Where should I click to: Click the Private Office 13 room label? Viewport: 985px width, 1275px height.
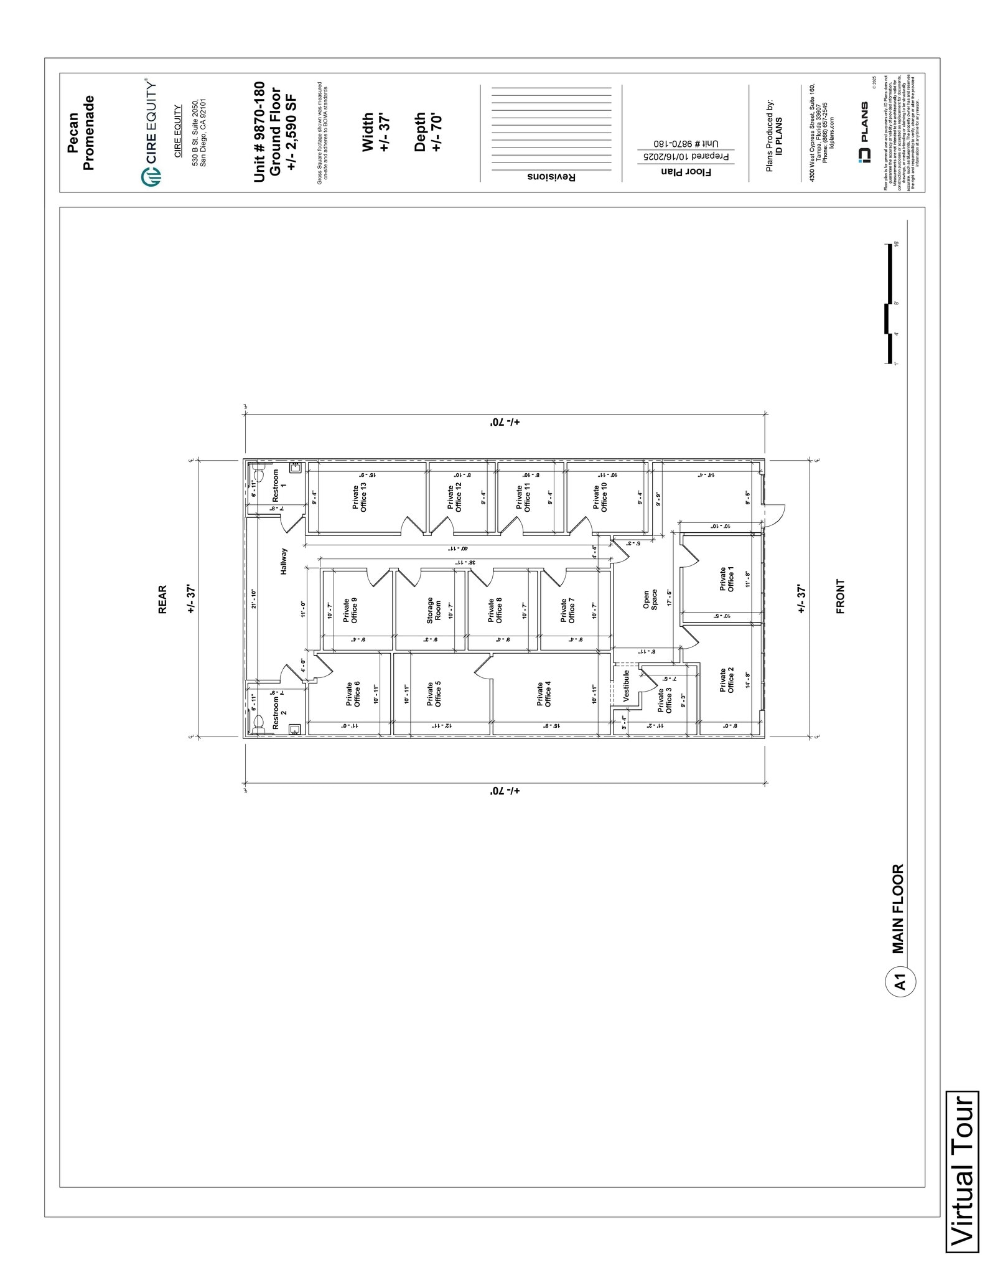coord(360,497)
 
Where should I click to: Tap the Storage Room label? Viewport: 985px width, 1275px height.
coord(434,611)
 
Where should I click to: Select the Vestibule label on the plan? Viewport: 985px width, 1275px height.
coord(626,687)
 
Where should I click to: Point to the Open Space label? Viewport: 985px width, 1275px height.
coord(650,600)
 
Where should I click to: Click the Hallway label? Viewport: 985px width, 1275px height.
coord(284,561)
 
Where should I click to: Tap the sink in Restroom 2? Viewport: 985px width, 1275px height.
coord(295,729)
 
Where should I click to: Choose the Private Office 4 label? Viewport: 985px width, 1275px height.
coord(544,694)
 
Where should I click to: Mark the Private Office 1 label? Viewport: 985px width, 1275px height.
coord(727,579)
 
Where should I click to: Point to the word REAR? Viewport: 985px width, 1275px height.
coord(162,599)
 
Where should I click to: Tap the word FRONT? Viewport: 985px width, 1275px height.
coord(840,596)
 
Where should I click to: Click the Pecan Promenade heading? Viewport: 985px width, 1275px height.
coord(81,133)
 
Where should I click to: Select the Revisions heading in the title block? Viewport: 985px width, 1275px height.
coord(551,177)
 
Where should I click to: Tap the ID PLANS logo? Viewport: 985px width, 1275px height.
coord(864,133)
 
